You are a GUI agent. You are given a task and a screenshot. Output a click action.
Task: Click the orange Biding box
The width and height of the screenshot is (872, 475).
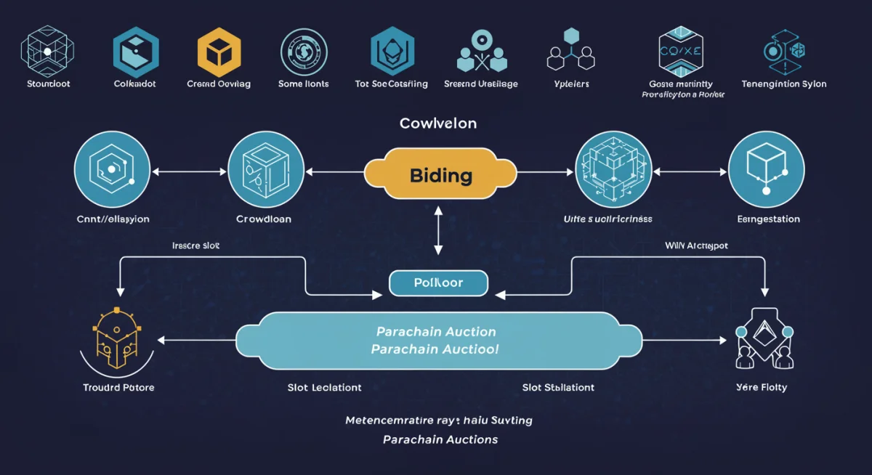[440, 174]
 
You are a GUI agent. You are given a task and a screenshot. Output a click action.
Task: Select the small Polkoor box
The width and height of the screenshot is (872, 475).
[437, 283]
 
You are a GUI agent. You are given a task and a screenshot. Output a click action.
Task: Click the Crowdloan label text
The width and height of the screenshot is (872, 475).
[265, 219]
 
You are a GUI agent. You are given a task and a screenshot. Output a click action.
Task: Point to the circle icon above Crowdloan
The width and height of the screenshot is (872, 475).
[265, 171]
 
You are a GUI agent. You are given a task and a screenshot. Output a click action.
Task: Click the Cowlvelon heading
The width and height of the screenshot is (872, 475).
[437, 123]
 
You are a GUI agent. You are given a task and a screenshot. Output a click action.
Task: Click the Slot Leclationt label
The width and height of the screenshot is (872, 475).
[324, 387]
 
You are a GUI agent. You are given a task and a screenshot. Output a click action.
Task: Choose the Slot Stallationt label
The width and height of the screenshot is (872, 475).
[558, 387]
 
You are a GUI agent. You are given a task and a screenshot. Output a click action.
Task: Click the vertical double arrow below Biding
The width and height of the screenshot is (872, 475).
[437, 230]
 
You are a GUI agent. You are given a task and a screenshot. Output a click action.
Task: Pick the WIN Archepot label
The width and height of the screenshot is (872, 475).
[696, 245]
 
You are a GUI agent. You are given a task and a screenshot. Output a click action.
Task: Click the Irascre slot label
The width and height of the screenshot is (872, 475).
[195, 245]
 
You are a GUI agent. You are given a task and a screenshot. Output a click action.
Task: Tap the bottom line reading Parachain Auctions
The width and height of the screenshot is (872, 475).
[440, 439]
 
